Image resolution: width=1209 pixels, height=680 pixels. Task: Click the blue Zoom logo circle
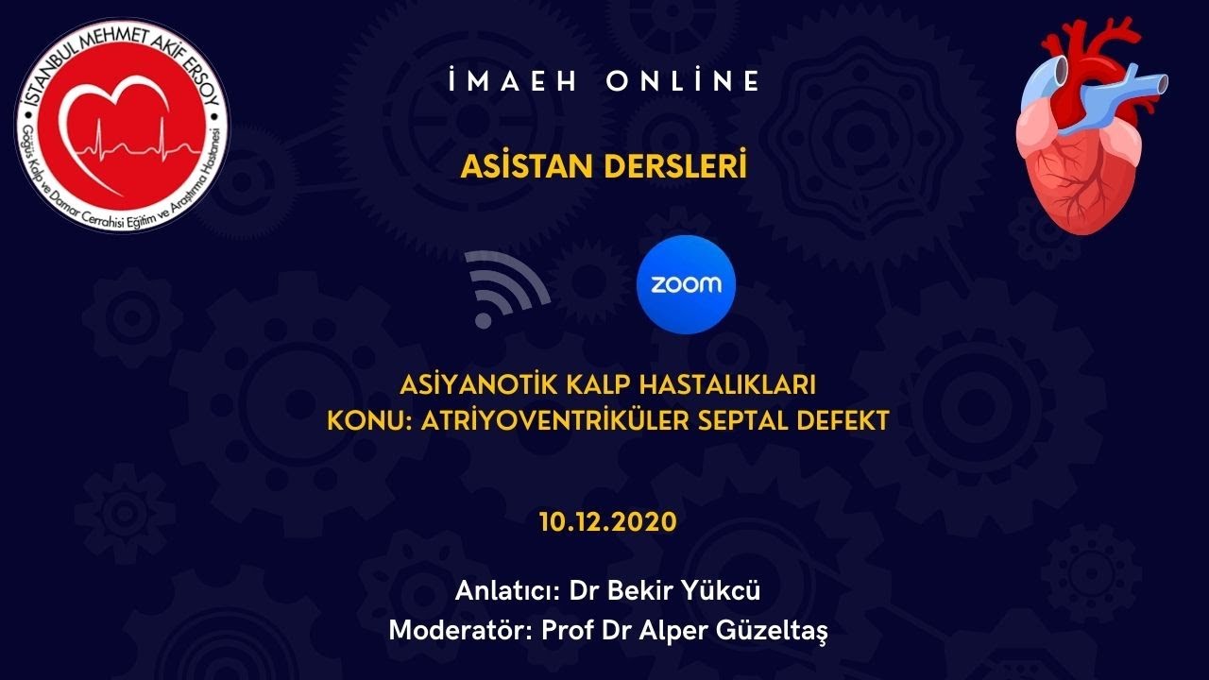point(686,284)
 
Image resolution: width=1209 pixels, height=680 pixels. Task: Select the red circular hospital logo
point(121,125)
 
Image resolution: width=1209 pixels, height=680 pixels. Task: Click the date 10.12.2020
point(607,522)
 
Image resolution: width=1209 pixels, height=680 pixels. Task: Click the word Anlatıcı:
point(508,591)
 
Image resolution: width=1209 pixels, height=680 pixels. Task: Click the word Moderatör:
point(460,630)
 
